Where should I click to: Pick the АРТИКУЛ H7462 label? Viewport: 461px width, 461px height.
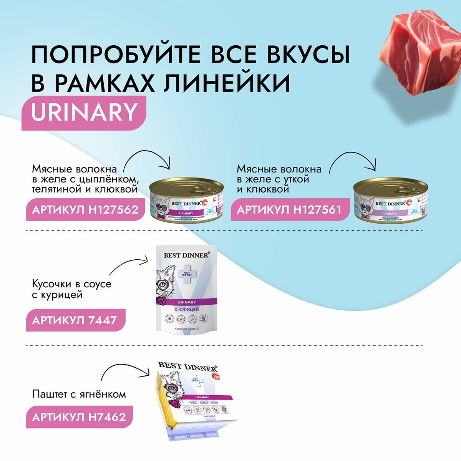pos(79,417)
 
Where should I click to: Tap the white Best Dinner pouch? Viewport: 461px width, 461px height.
pos(187,288)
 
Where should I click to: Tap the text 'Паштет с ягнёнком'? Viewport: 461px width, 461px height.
pos(79,394)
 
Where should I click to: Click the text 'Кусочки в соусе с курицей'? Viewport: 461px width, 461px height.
pos(71,289)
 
